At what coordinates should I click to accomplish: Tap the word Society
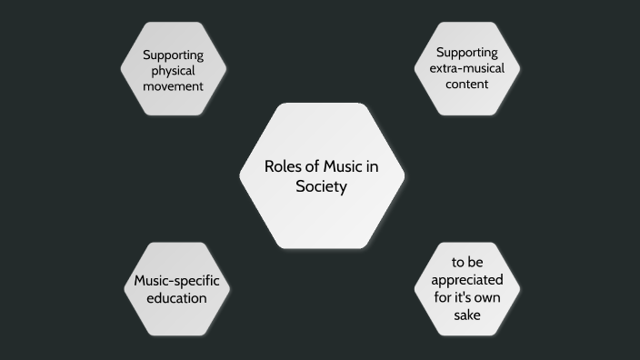pyautogui.click(x=321, y=186)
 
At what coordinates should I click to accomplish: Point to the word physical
pyautogui.click(x=173, y=71)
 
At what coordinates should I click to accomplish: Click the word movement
pyautogui.click(x=173, y=86)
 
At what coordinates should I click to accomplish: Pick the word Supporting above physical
pyautogui.click(x=173, y=55)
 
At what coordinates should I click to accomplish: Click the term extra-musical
pyautogui.click(x=467, y=68)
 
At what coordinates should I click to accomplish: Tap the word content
pyautogui.click(x=467, y=84)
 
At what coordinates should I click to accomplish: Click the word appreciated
pyautogui.click(x=467, y=280)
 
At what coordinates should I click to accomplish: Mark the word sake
pyautogui.click(x=467, y=315)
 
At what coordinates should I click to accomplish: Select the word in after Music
pyautogui.click(x=372, y=166)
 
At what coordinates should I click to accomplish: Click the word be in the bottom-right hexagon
pyautogui.click(x=477, y=264)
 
